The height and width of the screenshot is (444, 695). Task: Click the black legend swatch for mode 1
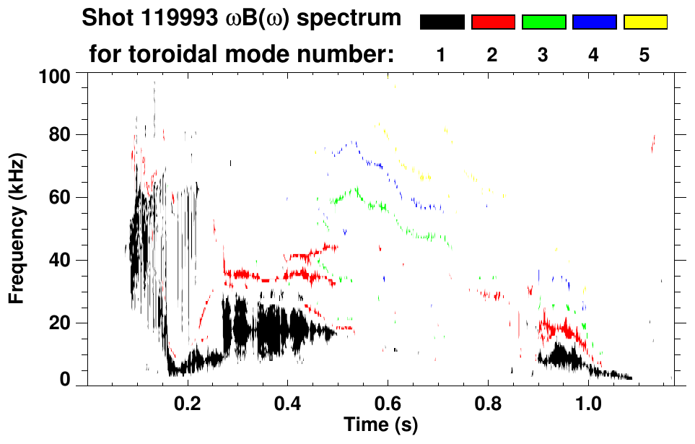(442, 22)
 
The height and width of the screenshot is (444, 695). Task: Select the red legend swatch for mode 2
(493, 22)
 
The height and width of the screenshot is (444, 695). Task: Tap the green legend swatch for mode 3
(543, 22)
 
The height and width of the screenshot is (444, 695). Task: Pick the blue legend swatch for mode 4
(594, 22)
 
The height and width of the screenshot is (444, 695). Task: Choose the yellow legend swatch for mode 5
(645, 22)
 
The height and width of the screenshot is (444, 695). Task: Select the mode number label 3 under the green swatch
(543, 56)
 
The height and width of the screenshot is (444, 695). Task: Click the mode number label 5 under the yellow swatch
(644, 56)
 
